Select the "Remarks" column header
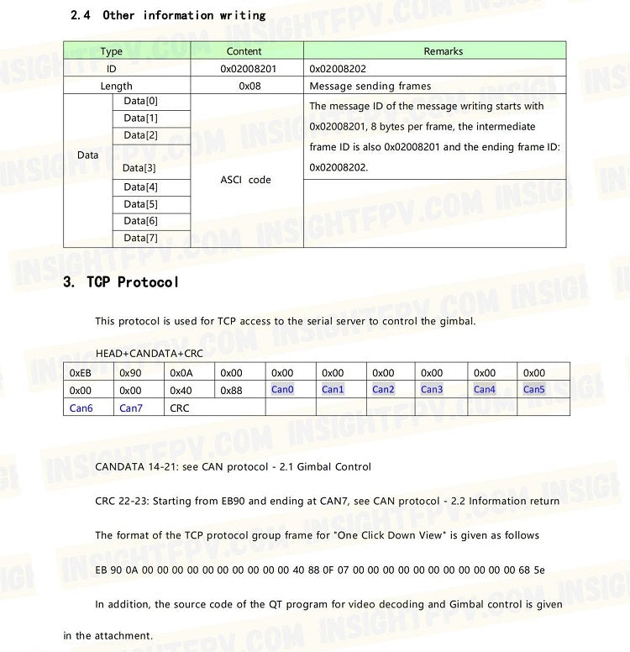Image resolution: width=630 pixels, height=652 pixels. tap(443, 51)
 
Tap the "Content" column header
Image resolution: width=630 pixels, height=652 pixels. tap(244, 51)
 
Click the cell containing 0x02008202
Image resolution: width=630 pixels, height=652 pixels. tap(337, 69)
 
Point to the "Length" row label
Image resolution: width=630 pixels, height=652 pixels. tap(116, 86)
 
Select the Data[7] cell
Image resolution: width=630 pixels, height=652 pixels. tap(140, 238)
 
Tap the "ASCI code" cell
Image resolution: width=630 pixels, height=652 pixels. tap(245, 180)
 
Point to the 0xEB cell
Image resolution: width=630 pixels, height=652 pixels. tap(80, 373)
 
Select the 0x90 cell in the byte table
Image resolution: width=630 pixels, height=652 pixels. tap(130, 373)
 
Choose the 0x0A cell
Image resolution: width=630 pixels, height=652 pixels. tap(181, 373)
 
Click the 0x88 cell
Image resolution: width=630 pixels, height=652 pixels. tap(231, 391)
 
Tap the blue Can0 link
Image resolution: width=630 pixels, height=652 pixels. tap(282, 390)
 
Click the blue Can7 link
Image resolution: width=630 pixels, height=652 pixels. tap(130, 408)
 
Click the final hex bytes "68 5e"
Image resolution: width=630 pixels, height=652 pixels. tap(532, 570)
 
